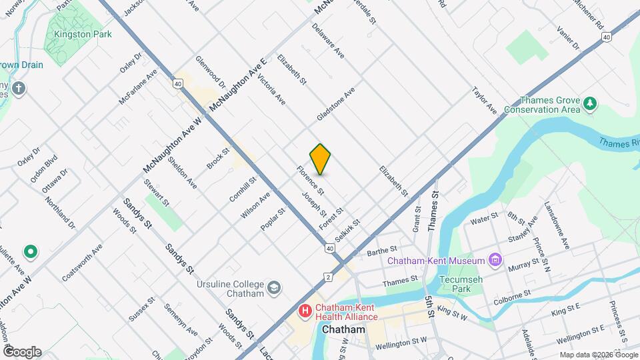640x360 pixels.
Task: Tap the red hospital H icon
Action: [x=305, y=311]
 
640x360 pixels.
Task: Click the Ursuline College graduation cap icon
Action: [x=273, y=287]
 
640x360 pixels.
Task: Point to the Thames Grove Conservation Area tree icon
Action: [x=589, y=103]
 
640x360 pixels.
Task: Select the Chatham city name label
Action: [x=343, y=330]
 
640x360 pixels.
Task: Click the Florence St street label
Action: [x=311, y=181]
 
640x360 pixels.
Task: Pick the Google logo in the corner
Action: [x=22, y=351]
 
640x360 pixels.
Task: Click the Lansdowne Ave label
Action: [x=557, y=225]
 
